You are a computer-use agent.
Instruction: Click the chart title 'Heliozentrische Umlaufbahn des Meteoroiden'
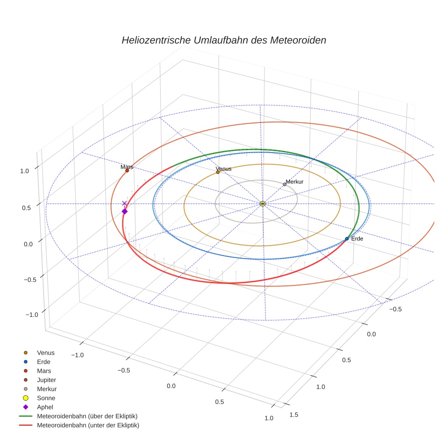coord(224,40)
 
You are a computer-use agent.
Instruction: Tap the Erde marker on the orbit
coord(346,239)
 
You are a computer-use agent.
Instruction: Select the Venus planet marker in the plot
coord(218,172)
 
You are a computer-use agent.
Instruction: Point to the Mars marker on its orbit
coord(127,171)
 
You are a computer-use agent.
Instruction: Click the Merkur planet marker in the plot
coord(285,184)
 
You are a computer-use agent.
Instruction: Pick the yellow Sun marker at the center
coord(263,204)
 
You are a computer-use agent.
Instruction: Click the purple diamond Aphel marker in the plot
coord(124,211)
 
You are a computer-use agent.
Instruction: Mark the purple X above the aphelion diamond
coord(124,204)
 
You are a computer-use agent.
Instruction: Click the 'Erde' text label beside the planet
coord(357,239)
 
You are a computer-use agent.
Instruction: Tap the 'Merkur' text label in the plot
coord(295,182)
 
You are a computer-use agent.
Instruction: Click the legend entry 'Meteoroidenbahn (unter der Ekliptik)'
coord(88,425)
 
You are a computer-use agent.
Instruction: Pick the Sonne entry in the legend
coord(46,398)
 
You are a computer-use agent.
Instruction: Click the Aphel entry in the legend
coord(45,407)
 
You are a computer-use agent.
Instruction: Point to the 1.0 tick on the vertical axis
coord(25,171)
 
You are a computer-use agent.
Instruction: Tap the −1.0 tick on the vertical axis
coord(31,315)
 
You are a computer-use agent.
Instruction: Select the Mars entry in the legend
coord(44,371)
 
